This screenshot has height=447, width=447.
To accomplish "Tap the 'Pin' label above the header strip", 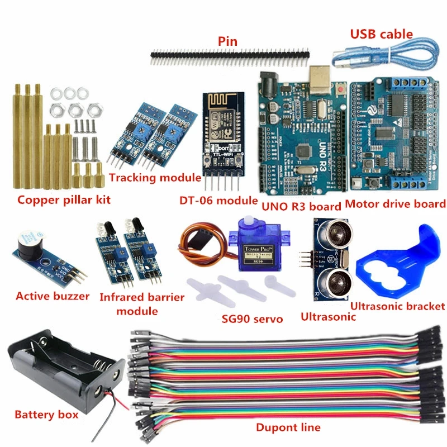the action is click(x=227, y=41).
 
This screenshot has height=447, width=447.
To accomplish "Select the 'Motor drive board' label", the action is click(x=396, y=204).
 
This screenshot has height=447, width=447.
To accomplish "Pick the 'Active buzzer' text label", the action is click(x=53, y=296).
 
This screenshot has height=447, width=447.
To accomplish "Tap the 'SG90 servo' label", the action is click(x=249, y=319).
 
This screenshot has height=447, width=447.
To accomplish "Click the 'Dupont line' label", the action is click(x=288, y=427).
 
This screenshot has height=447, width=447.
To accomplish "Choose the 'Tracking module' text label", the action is click(x=155, y=178).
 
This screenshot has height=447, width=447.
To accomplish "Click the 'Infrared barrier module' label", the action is click(x=141, y=304).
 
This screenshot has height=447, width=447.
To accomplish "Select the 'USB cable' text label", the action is click(x=381, y=34).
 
